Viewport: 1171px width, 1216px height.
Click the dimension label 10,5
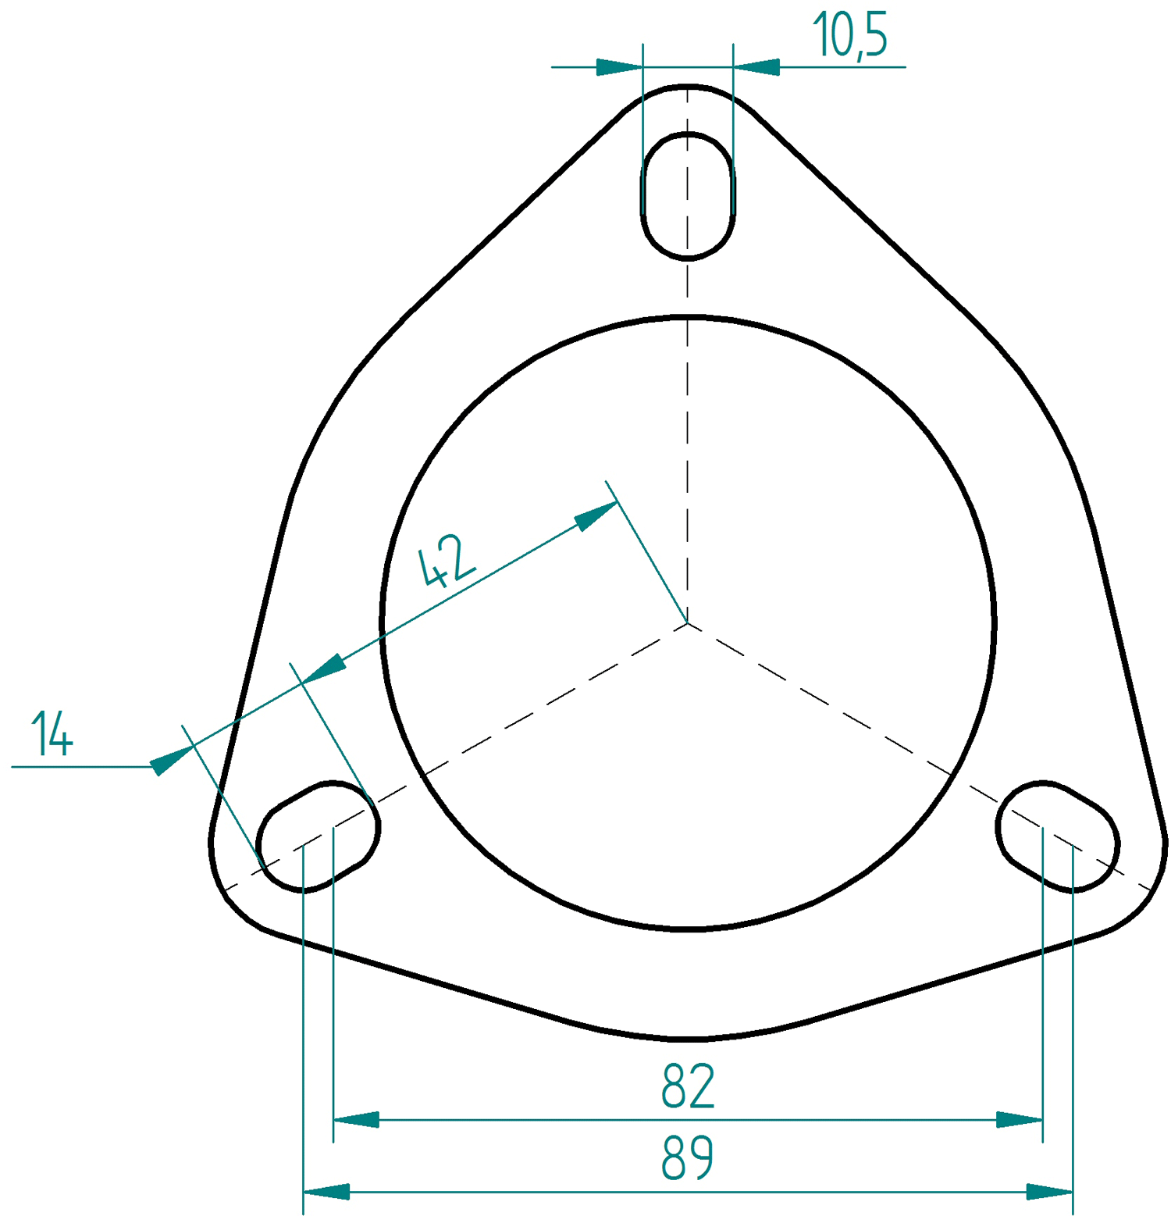point(849,35)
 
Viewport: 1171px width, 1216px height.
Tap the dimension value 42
point(447,560)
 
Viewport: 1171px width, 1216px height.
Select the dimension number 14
point(52,734)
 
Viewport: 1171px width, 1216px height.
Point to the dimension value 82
point(688,1086)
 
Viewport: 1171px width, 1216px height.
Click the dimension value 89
point(688,1157)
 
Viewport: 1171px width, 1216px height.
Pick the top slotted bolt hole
point(688,195)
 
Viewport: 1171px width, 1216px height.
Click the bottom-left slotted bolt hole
point(318,836)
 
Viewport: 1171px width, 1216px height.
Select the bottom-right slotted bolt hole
point(1058,836)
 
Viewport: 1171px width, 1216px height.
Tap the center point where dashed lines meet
point(688,622)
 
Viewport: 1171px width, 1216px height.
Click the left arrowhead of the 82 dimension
point(356,1120)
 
